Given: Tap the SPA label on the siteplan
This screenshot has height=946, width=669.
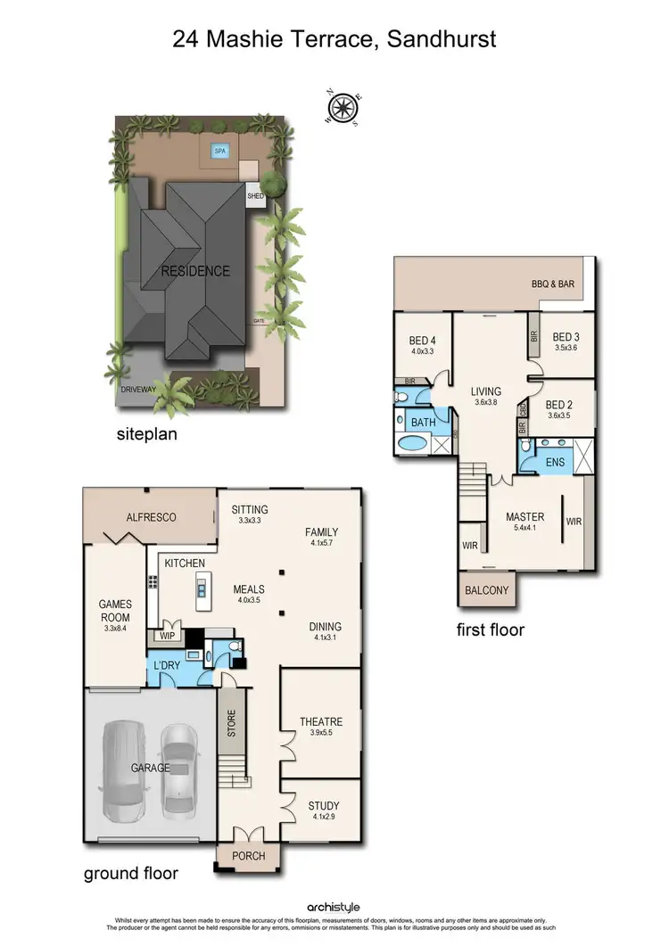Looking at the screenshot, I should pos(220,152).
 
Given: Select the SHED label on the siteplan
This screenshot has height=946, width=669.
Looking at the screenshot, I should pos(256,196).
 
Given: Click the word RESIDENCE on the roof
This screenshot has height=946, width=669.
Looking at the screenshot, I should pos(195,271).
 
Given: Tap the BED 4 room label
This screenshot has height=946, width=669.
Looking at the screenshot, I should pos(422,340).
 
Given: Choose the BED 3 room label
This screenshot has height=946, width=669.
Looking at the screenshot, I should pos(566,337).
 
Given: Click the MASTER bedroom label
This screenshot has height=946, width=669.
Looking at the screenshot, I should pos(524,516).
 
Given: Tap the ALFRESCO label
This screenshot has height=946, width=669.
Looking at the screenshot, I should pos(151,517).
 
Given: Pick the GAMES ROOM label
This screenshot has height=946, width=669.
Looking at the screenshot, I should pos(115,611).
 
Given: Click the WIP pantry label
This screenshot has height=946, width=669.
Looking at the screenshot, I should pos(168,636).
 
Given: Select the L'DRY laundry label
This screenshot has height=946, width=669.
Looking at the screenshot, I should pos(168,667).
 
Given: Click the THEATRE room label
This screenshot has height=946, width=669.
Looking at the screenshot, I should pos(321,721).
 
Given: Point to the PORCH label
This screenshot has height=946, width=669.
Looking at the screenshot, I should pos(248,856).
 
